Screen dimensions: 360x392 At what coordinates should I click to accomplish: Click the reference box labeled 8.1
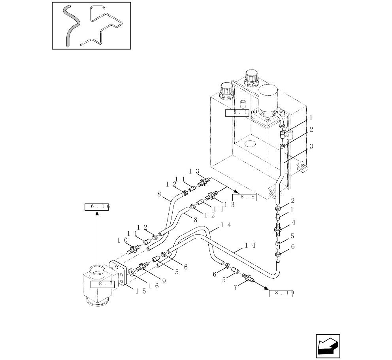237,113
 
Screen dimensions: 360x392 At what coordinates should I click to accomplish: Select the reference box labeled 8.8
244,197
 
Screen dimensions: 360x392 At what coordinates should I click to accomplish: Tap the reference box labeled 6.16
97,207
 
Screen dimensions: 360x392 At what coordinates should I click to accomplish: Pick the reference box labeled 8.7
102,284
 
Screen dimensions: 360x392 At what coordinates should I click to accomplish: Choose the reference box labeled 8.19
281,293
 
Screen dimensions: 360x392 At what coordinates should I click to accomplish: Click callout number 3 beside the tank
311,147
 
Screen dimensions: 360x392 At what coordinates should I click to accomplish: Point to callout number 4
293,223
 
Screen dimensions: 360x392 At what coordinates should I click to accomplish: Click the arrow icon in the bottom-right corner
328,346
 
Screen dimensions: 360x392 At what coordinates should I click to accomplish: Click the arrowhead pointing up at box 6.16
97,214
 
